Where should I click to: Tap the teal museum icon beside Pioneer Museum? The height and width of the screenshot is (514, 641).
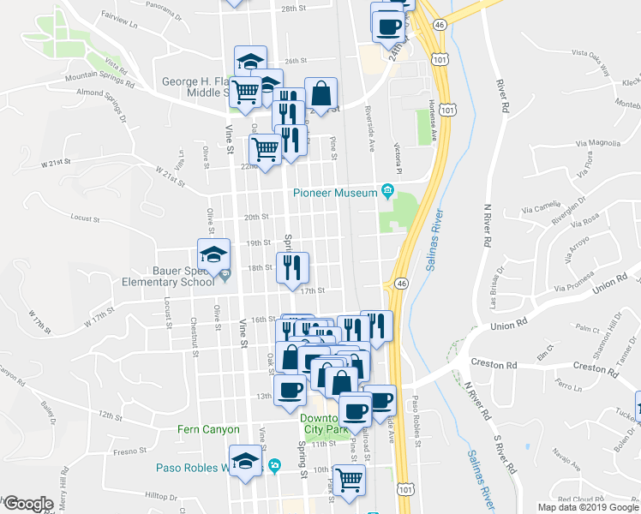387,189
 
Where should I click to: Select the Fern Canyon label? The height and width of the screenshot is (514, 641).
208,429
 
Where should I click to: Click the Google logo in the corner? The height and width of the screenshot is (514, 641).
27,505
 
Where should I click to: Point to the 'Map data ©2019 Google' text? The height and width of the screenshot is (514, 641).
588,507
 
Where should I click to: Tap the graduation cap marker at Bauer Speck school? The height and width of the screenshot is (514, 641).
213,254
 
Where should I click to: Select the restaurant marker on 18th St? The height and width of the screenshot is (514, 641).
292,268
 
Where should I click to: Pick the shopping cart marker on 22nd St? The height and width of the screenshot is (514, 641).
266,150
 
